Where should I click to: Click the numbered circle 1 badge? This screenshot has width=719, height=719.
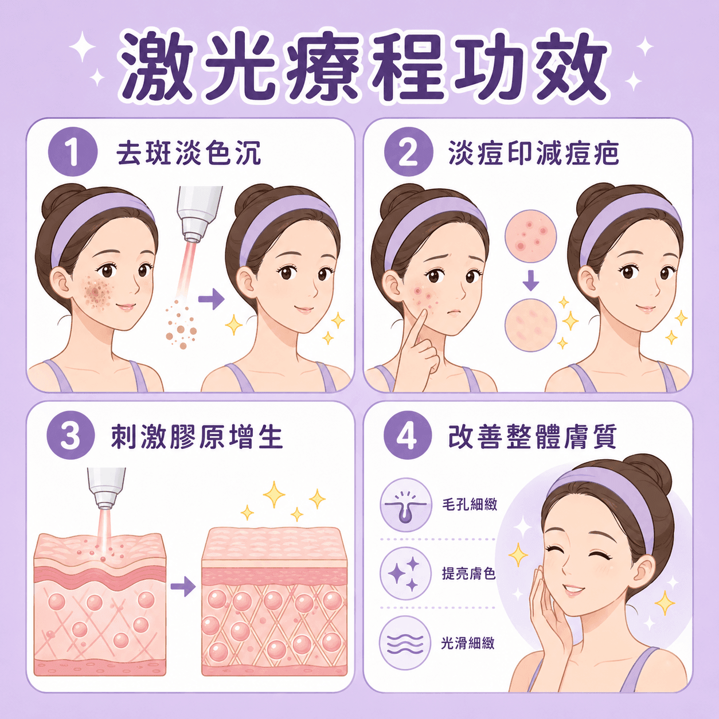[73, 151]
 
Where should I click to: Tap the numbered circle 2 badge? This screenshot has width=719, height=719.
[409, 151]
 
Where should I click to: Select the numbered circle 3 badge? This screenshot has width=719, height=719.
[71, 435]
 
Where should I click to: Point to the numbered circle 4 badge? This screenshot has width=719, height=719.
[408, 435]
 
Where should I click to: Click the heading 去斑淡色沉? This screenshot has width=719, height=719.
[189, 153]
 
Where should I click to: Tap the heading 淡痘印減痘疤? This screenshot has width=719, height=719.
[534, 153]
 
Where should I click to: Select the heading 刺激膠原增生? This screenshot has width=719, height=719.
[197, 436]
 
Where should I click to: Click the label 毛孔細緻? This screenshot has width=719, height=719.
[470, 505]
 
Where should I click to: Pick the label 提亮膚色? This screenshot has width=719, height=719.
[468, 573]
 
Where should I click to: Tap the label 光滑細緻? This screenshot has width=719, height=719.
[468, 643]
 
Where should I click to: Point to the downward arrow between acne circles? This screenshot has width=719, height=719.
[530, 281]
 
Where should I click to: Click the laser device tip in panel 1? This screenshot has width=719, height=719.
[193, 237]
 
